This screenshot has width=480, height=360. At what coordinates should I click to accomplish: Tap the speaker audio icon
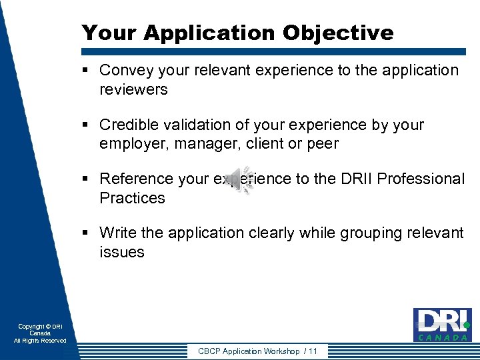pyautogui.click(x=246, y=180)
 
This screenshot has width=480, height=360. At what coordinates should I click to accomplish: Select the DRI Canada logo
pyautogui.click(x=442, y=325)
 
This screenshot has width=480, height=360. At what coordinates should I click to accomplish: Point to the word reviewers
pyautogui.click(x=133, y=90)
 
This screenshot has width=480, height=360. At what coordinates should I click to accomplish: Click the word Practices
pyautogui.click(x=132, y=198)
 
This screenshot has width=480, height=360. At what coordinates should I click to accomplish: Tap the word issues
pyautogui.click(x=122, y=252)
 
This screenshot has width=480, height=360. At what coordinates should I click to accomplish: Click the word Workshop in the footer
pyautogui.click(x=281, y=351)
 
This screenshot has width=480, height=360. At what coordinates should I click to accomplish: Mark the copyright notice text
pyautogui.click(x=40, y=333)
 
